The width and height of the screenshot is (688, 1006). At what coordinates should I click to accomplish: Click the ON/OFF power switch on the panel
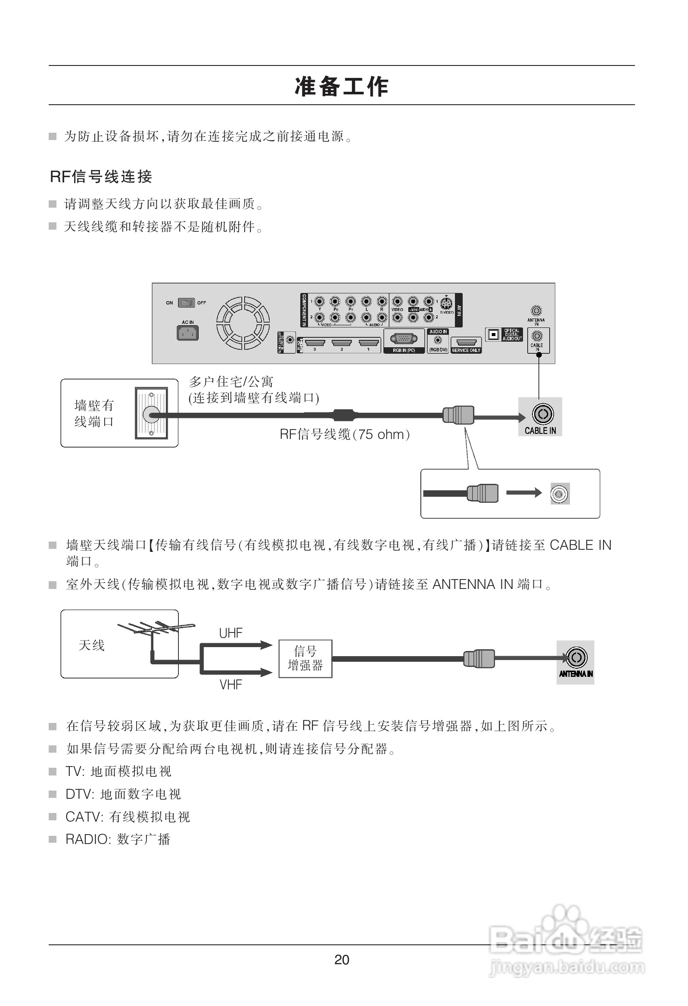[187, 302]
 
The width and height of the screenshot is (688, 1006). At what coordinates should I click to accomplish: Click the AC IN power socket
[187, 333]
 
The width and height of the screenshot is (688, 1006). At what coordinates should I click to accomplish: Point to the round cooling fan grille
[243, 323]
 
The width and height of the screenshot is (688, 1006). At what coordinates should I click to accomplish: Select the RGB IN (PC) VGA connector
[404, 339]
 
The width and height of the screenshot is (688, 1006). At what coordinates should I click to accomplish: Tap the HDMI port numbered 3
[315, 343]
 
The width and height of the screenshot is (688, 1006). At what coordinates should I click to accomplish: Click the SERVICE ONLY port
[466, 343]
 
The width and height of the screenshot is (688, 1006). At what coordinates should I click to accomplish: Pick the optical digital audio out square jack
[493, 335]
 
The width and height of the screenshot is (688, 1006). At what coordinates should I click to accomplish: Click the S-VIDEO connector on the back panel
[446, 304]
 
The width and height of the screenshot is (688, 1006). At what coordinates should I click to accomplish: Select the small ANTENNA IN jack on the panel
[536, 311]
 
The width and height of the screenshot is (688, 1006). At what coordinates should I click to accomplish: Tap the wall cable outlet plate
[151, 414]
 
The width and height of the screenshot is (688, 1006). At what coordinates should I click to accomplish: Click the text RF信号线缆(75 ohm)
[344, 434]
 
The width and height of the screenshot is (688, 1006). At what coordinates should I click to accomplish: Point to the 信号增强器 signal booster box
[305, 658]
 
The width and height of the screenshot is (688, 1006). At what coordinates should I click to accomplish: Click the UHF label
[230, 633]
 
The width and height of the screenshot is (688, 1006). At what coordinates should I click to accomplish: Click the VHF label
[230, 684]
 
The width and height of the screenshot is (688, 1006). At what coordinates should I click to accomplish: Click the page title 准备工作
[342, 86]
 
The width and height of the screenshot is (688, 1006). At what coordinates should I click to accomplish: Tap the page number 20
[342, 959]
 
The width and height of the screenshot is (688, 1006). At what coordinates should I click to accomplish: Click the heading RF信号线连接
[101, 176]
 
